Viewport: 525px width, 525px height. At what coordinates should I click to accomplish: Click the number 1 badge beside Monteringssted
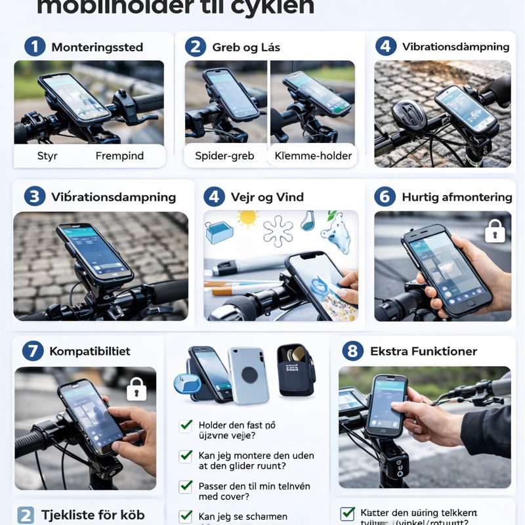(35, 47)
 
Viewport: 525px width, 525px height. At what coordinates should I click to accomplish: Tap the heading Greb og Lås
(246, 47)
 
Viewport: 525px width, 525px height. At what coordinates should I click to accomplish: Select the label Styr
(47, 156)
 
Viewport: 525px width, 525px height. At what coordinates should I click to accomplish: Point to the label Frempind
(119, 156)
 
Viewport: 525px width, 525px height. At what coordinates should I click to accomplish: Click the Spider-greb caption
(224, 156)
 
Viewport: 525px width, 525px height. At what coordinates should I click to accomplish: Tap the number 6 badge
(385, 197)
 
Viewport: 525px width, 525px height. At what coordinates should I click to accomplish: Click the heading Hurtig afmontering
(457, 197)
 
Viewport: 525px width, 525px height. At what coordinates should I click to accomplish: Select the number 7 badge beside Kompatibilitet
(32, 351)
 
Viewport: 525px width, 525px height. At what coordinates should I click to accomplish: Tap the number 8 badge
(352, 351)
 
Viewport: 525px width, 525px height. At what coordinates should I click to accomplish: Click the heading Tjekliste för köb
(93, 514)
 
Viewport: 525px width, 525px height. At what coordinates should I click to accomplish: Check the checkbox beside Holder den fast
(186, 425)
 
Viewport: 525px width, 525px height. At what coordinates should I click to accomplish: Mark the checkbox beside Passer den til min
(186, 486)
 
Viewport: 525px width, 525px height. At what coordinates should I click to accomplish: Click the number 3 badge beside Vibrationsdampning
(34, 197)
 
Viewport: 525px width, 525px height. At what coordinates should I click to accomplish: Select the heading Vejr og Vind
(267, 197)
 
